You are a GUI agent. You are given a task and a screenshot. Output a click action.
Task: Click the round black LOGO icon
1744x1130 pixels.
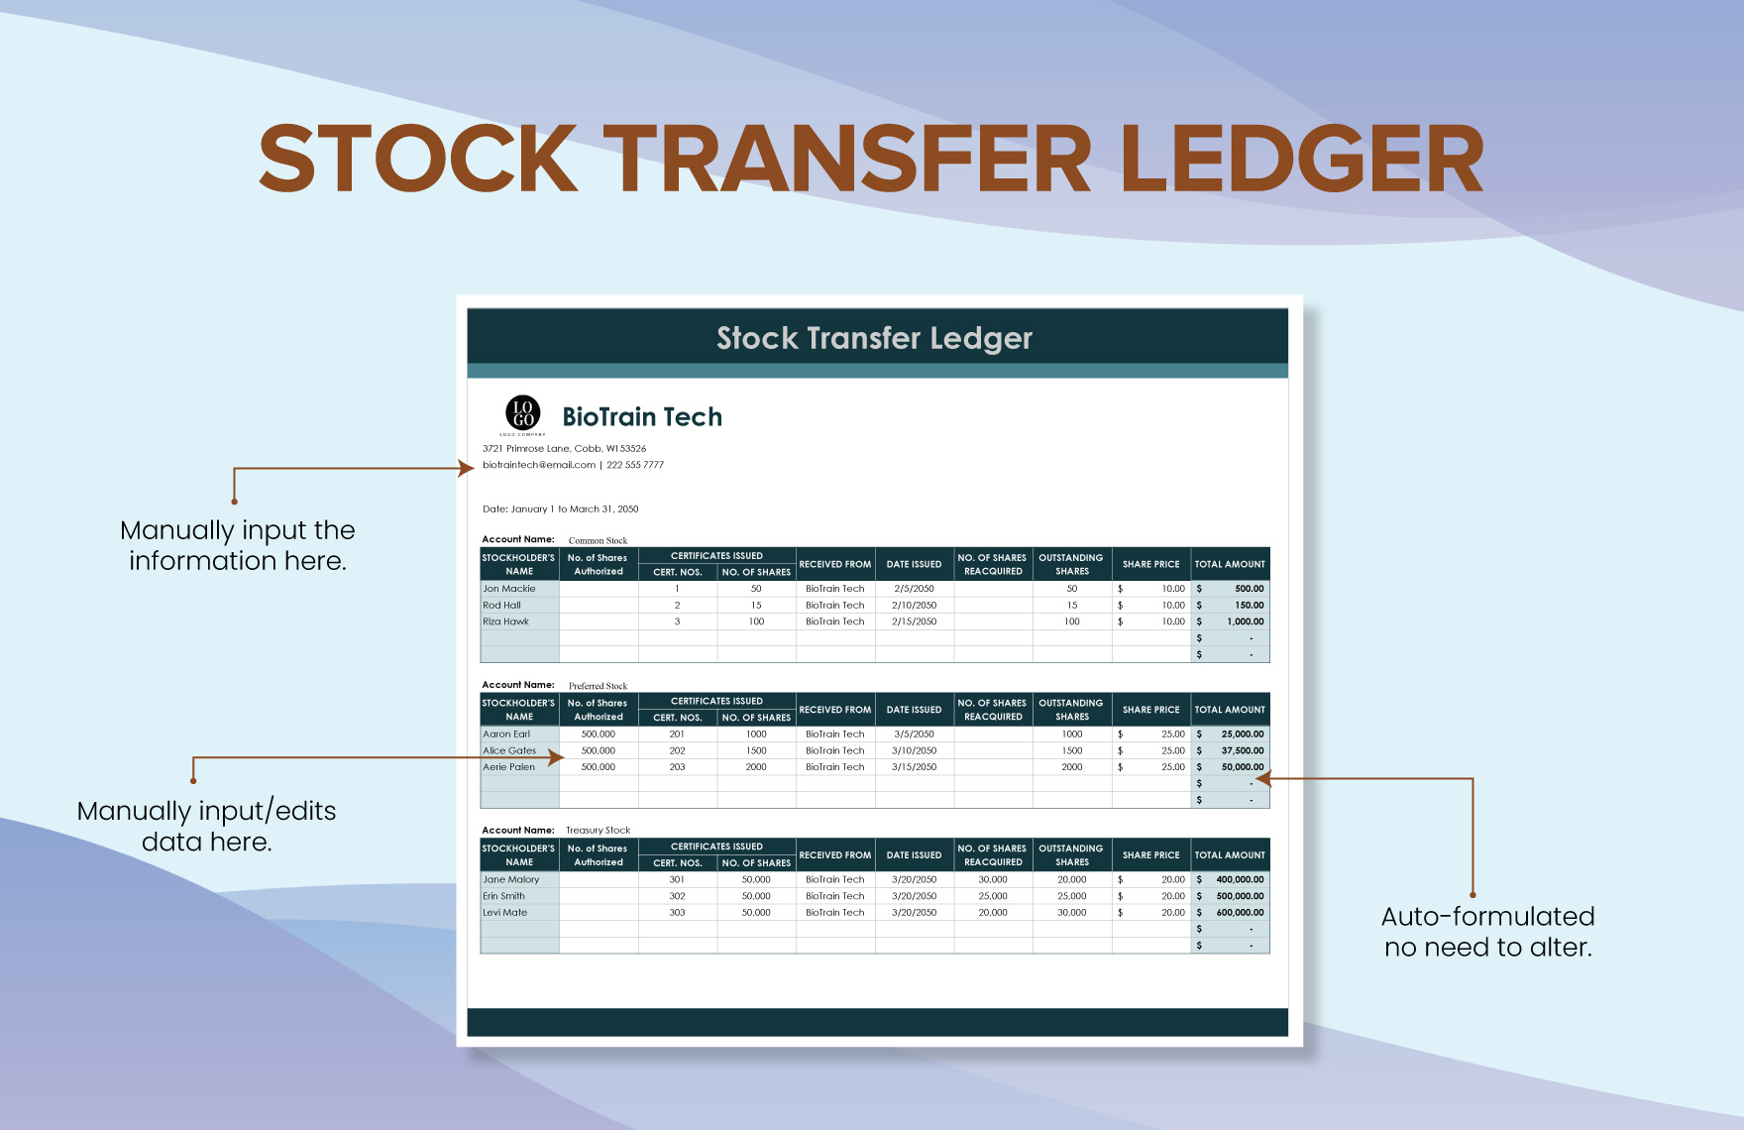[523, 412]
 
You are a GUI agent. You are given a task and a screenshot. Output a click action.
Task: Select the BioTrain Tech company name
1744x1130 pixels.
[642, 417]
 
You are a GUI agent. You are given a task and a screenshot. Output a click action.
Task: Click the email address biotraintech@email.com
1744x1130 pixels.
[539, 465]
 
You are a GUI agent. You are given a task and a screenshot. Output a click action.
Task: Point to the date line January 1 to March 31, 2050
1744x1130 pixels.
[561, 509]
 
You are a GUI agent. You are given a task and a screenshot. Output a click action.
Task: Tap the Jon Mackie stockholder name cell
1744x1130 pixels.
[509, 589]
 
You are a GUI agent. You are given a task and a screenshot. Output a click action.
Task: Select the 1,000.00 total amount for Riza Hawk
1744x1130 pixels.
[1245, 621]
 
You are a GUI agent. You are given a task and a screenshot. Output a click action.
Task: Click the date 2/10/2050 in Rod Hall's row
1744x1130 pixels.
[914, 605]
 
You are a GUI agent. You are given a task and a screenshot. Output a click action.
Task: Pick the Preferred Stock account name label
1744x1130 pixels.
[598, 686]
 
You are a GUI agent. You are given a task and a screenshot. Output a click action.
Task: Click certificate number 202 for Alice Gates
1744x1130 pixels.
[677, 750]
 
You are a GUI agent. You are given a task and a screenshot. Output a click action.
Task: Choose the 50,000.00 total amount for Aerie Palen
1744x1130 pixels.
[1242, 767]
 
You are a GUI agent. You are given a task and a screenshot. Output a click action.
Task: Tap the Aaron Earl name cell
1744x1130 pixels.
[506, 734]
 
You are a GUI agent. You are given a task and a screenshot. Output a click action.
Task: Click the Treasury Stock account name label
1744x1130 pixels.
[598, 831]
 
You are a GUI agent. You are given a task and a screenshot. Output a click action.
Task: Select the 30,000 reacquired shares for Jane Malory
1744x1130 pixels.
[993, 879]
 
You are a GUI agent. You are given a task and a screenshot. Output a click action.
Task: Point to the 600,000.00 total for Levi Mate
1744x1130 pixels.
[1240, 913]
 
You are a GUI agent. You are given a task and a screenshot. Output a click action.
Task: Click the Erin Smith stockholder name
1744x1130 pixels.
[503, 896]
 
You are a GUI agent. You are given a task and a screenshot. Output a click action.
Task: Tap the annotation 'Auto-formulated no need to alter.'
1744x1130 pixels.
[1487, 932]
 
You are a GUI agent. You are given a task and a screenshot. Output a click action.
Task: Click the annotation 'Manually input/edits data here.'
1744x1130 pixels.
[206, 827]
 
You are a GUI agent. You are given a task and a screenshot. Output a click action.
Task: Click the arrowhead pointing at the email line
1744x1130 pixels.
[468, 469]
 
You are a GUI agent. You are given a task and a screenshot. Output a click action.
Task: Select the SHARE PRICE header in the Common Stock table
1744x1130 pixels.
[1150, 564]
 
